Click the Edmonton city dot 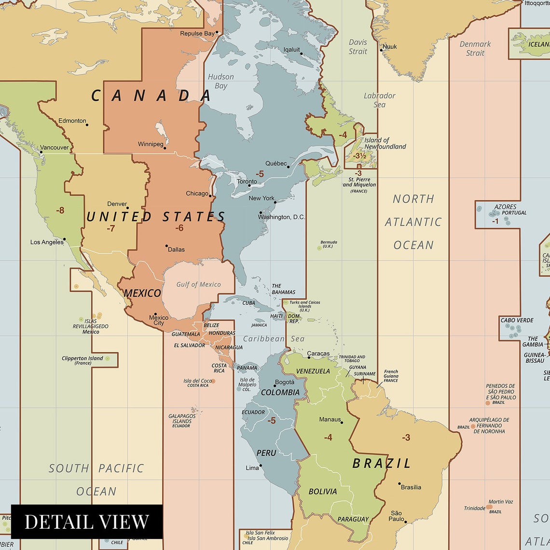tap(87, 124)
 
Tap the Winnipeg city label tap(151, 144)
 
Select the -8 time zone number tap(60, 210)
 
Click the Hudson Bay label tap(221, 81)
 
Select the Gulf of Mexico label tap(198, 284)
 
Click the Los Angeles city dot tap(64, 239)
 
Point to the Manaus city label tap(330, 419)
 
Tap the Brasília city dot tap(399, 483)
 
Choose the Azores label tap(505, 207)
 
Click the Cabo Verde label tap(517, 320)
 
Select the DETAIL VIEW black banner tap(87, 522)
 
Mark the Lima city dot tap(261, 466)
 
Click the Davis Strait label tap(358, 46)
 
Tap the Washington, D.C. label tap(281, 217)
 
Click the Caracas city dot tap(309, 357)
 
